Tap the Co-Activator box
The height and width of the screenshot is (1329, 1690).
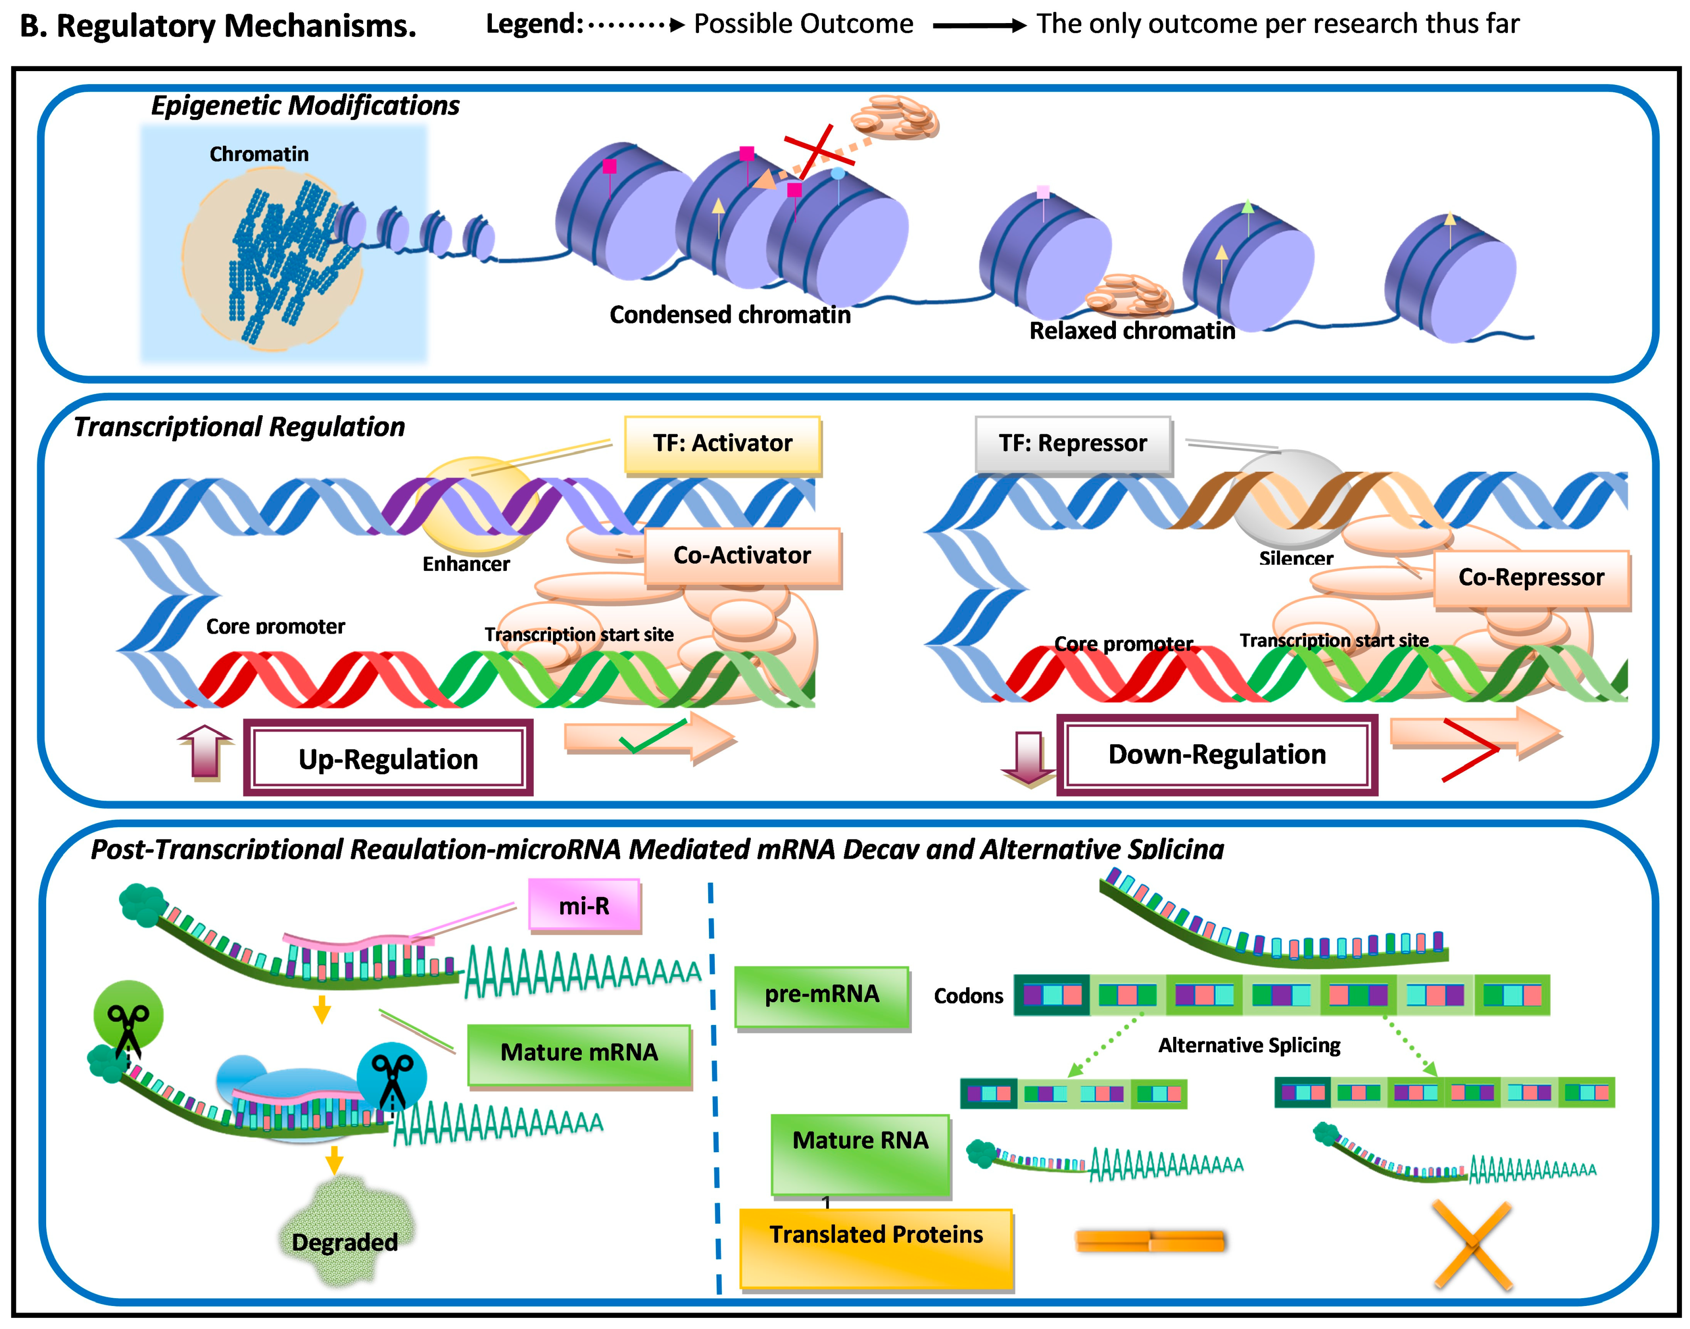click(x=742, y=556)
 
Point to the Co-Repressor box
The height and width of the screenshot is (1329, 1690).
click(x=1531, y=578)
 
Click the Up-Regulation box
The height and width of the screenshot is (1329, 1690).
click(x=388, y=758)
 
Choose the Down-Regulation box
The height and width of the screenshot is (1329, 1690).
click(x=1216, y=755)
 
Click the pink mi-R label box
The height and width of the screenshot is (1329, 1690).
click(x=584, y=906)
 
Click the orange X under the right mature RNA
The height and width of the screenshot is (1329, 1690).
click(x=1471, y=1245)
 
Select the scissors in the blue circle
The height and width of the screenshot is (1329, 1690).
click(x=392, y=1078)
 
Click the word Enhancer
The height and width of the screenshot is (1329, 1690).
click(x=466, y=564)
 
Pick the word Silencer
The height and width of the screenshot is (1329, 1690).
click(x=1296, y=559)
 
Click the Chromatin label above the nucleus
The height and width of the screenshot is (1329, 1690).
click(x=259, y=154)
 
